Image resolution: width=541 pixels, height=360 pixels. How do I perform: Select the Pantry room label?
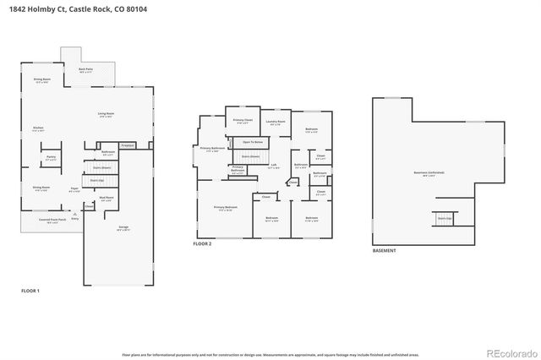point(51,157)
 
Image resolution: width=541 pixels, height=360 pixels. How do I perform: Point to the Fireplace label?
point(128,145)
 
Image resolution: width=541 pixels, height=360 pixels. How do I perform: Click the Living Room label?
point(106,114)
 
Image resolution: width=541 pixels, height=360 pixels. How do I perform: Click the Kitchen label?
point(37,128)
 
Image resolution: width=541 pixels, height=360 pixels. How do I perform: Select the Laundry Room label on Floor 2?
point(276,122)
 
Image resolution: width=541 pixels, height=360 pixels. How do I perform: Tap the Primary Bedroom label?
point(225,208)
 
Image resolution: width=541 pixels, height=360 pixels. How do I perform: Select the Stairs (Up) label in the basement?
point(444,218)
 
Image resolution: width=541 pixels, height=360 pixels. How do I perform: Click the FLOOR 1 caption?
point(30,291)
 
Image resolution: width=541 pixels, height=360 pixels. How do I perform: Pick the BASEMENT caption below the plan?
point(384,250)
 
